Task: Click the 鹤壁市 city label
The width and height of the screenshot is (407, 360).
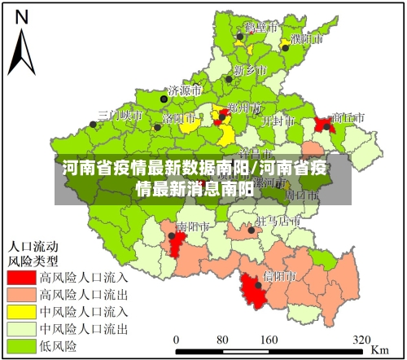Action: [261, 26]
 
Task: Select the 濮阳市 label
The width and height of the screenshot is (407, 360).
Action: [305, 38]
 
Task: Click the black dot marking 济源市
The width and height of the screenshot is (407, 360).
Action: [164, 99]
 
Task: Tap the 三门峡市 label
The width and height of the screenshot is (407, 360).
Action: [120, 116]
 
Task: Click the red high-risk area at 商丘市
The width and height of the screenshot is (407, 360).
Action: [323, 125]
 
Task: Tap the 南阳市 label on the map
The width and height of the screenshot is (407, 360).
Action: [194, 226]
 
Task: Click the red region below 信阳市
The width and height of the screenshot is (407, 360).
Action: [256, 292]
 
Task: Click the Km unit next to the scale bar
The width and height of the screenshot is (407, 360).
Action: [379, 349]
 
